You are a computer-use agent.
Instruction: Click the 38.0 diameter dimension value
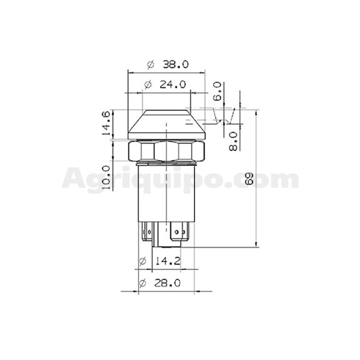pyautogui.click(x=175, y=64)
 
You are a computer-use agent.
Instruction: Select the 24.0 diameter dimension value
pyautogui.click(x=172, y=84)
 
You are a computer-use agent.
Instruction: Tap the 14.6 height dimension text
pyautogui.click(x=106, y=123)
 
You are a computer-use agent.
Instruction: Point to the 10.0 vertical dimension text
pyautogui.click(x=106, y=177)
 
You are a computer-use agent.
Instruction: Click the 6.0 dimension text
pyautogui.click(x=217, y=91)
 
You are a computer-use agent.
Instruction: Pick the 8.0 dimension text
pyautogui.click(x=233, y=141)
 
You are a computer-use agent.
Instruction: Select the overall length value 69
pyautogui.click(x=249, y=178)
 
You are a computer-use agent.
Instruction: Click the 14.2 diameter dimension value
pyautogui.click(x=168, y=261)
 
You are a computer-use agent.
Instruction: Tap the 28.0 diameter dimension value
pyautogui.click(x=167, y=283)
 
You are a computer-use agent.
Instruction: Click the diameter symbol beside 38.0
pyautogui.click(x=150, y=64)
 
